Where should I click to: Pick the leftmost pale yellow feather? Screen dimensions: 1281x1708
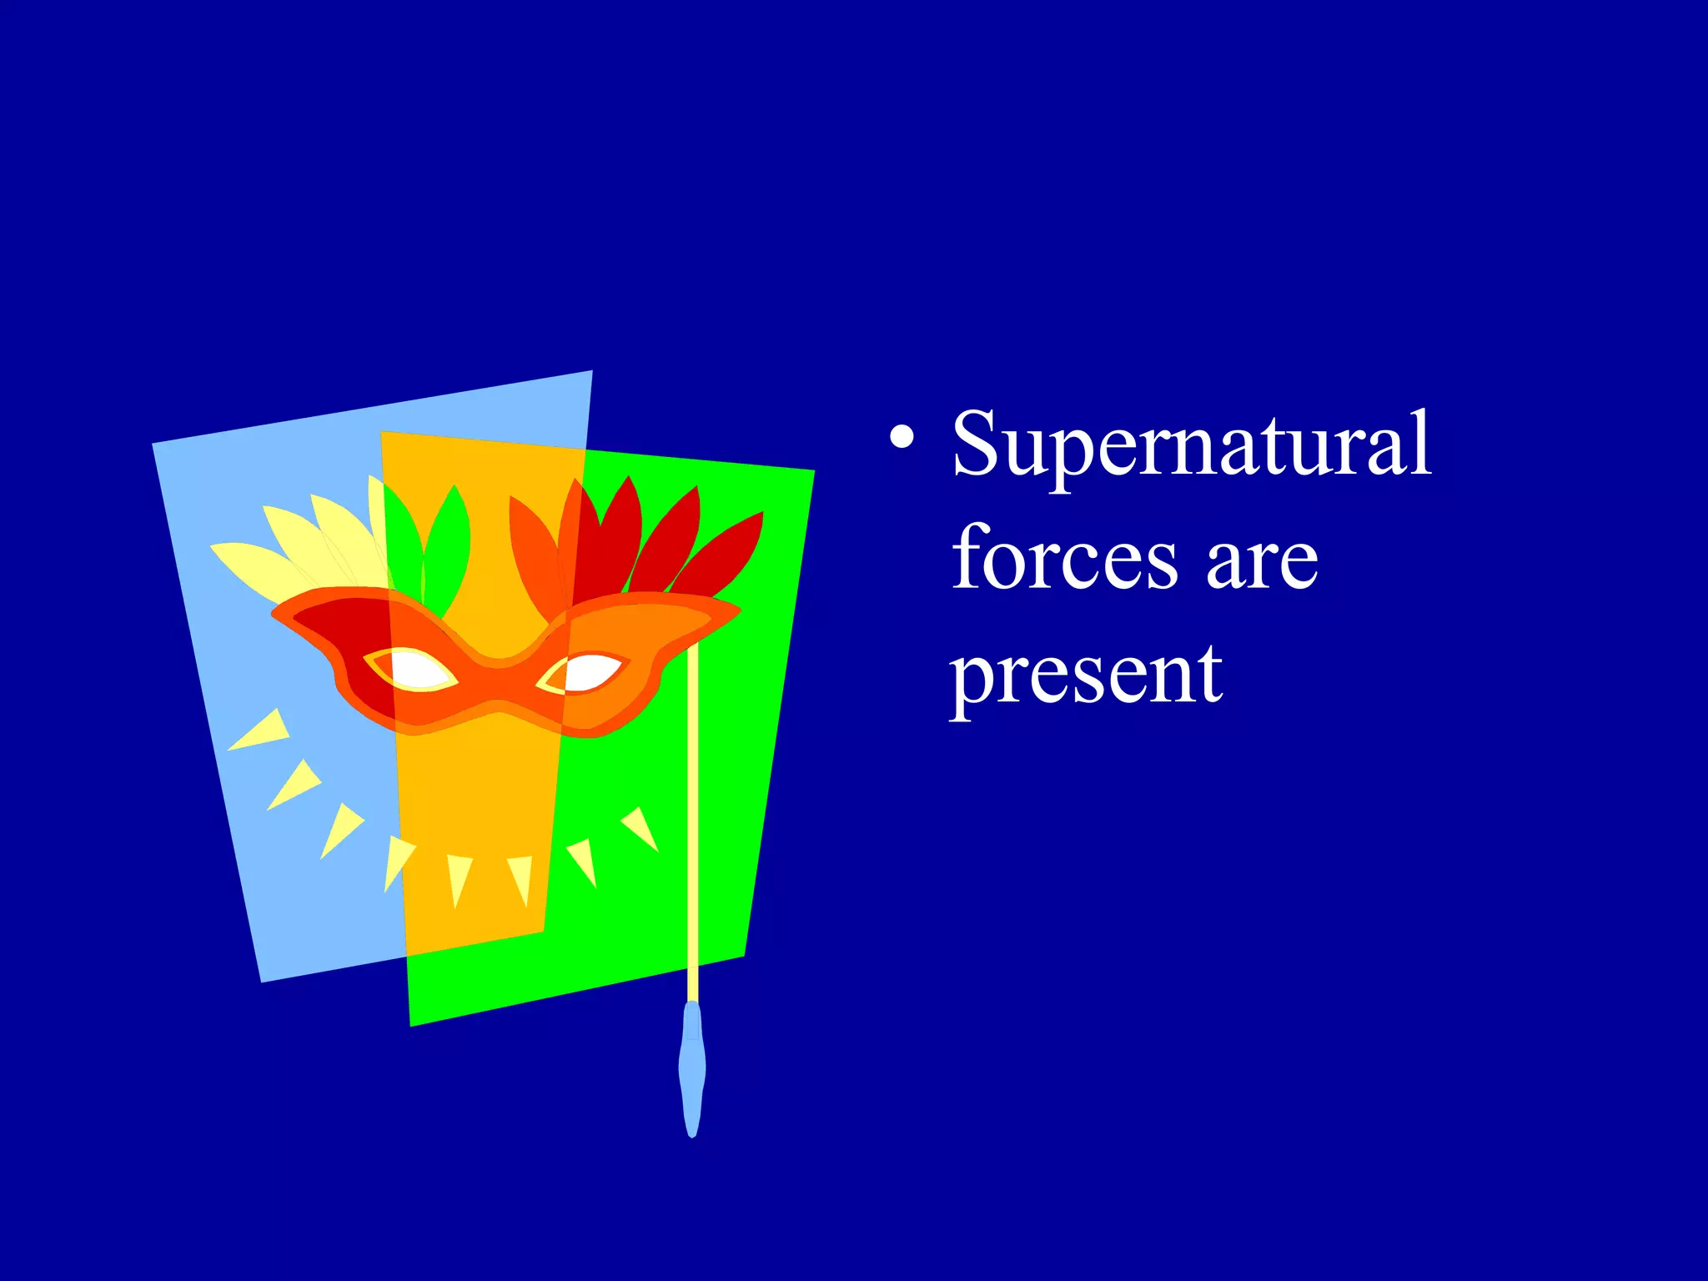pyautogui.click(x=250, y=567)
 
